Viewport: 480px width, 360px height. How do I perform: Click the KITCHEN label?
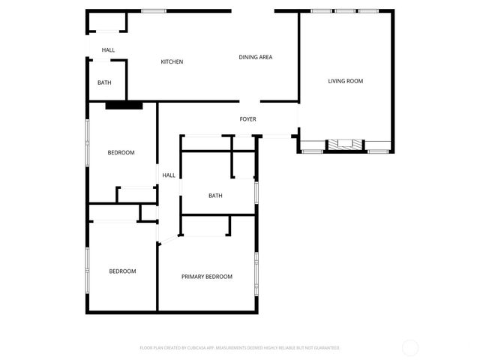172,61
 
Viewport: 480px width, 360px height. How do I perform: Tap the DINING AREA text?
255,57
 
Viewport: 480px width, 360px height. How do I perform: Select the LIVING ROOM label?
345,80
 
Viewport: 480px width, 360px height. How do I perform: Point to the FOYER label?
247,119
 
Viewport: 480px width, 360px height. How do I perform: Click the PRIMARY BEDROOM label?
207,277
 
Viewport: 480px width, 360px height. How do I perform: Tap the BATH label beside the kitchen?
104,83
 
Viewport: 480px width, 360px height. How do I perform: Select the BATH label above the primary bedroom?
215,196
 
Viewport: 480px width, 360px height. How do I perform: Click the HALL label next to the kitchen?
108,50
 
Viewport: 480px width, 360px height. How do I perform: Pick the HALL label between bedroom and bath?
169,175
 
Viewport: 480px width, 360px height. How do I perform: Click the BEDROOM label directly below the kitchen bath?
121,153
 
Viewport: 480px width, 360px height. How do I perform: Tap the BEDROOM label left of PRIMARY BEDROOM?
122,271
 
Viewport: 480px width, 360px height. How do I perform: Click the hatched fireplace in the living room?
345,145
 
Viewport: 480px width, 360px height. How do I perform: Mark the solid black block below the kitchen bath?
124,105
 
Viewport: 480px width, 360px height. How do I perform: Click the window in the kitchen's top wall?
154,10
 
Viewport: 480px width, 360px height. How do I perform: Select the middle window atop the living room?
345,10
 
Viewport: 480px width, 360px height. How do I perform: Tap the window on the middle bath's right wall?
256,191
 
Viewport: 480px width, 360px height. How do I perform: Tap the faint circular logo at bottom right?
410,347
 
